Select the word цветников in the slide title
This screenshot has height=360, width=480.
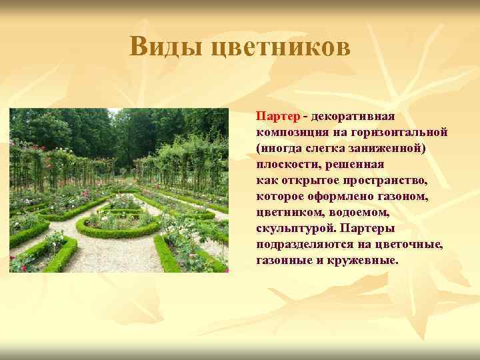[279, 47]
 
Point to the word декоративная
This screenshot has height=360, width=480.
[353, 116]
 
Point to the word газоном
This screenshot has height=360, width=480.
[405, 196]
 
